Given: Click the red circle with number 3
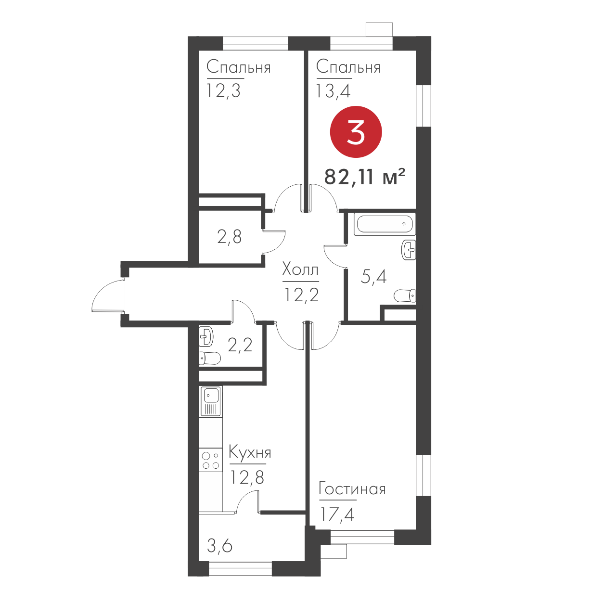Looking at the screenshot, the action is point(356,132).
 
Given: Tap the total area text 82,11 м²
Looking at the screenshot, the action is point(365,177).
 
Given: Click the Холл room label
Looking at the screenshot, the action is point(300,270).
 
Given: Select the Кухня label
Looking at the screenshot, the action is point(250,453).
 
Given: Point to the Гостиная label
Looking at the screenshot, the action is point(352,489).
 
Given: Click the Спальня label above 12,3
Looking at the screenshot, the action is point(239,67).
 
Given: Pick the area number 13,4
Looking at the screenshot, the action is point(333,91).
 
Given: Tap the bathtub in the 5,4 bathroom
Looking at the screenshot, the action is point(385,223).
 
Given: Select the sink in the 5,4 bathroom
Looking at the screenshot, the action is point(409,250).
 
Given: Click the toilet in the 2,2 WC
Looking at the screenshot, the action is point(209,359).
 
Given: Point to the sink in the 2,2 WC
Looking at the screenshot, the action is point(206,336).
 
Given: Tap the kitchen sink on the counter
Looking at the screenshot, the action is point(211,401).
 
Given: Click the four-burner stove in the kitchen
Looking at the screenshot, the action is point(211,460).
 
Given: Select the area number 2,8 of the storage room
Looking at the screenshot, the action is point(229,237).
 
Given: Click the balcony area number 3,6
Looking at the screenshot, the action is point(219,546).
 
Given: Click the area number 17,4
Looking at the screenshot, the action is point(337,514).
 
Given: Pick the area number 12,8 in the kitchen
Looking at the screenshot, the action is point(247,477).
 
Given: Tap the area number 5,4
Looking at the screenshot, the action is point(373,276).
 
